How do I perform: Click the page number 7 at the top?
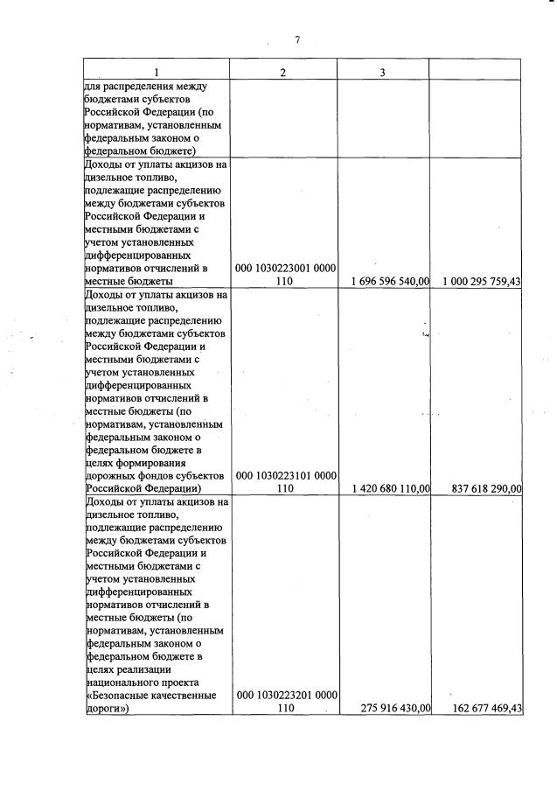(x=297, y=39)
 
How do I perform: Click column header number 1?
(x=157, y=71)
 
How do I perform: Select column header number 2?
(x=283, y=71)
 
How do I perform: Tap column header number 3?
(x=383, y=71)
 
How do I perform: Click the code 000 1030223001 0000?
(x=287, y=268)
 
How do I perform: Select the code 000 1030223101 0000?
(x=287, y=475)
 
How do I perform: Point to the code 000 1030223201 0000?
(x=287, y=695)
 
